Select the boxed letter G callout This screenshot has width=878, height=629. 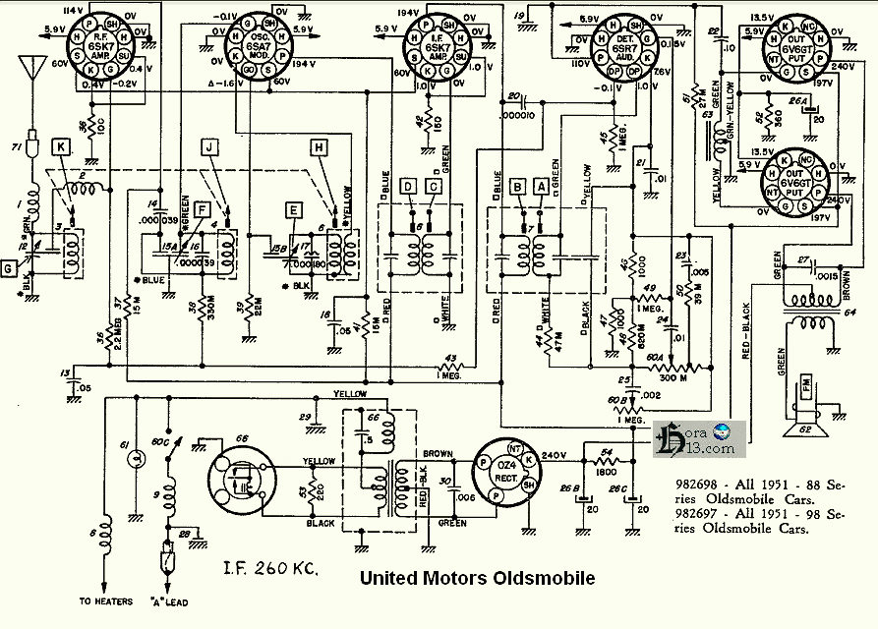point(10,266)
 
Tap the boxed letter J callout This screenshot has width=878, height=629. point(208,147)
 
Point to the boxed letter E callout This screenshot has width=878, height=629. point(293,208)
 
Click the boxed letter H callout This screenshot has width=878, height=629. point(318,147)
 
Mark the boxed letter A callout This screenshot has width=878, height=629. point(538,185)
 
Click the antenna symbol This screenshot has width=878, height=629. point(34,73)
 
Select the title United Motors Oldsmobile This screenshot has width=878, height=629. point(477,578)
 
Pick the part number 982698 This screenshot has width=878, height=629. point(705,485)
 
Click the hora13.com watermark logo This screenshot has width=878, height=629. point(699,437)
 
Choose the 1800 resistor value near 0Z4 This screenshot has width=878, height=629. point(605,473)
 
